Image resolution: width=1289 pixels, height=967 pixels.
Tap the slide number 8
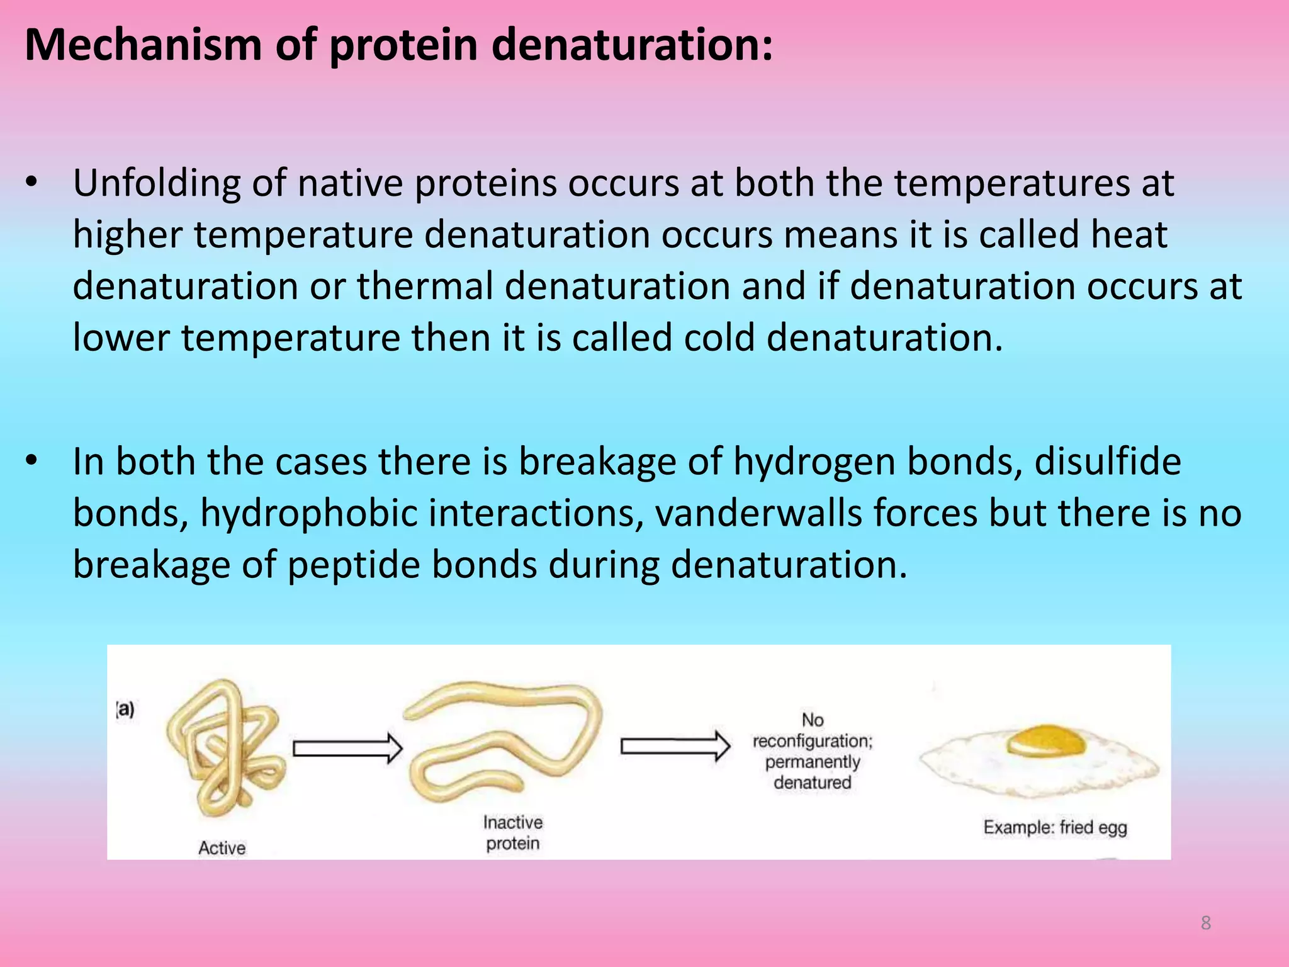[x=1206, y=923]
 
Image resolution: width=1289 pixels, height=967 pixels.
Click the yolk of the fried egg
[x=1045, y=740]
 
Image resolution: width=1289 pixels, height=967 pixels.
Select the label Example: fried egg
[x=1055, y=827]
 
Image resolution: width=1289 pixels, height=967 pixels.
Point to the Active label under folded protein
[x=222, y=848]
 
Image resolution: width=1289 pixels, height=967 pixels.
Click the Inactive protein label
[x=512, y=832]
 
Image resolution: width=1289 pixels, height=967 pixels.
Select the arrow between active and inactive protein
[x=347, y=749]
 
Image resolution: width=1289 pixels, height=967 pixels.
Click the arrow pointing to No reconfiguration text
[x=675, y=747]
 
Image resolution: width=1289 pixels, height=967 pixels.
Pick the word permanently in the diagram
[x=812, y=762]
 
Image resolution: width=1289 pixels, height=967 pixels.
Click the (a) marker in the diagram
[x=125, y=710]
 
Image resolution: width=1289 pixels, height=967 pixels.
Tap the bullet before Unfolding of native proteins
[x=31, y=183]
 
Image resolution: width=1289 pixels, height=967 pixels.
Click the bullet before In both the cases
[x=31, y=461]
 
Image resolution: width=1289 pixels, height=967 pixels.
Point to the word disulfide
[x=1107, y=461]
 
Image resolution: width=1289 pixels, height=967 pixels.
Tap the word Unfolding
[x=157, y=183]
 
